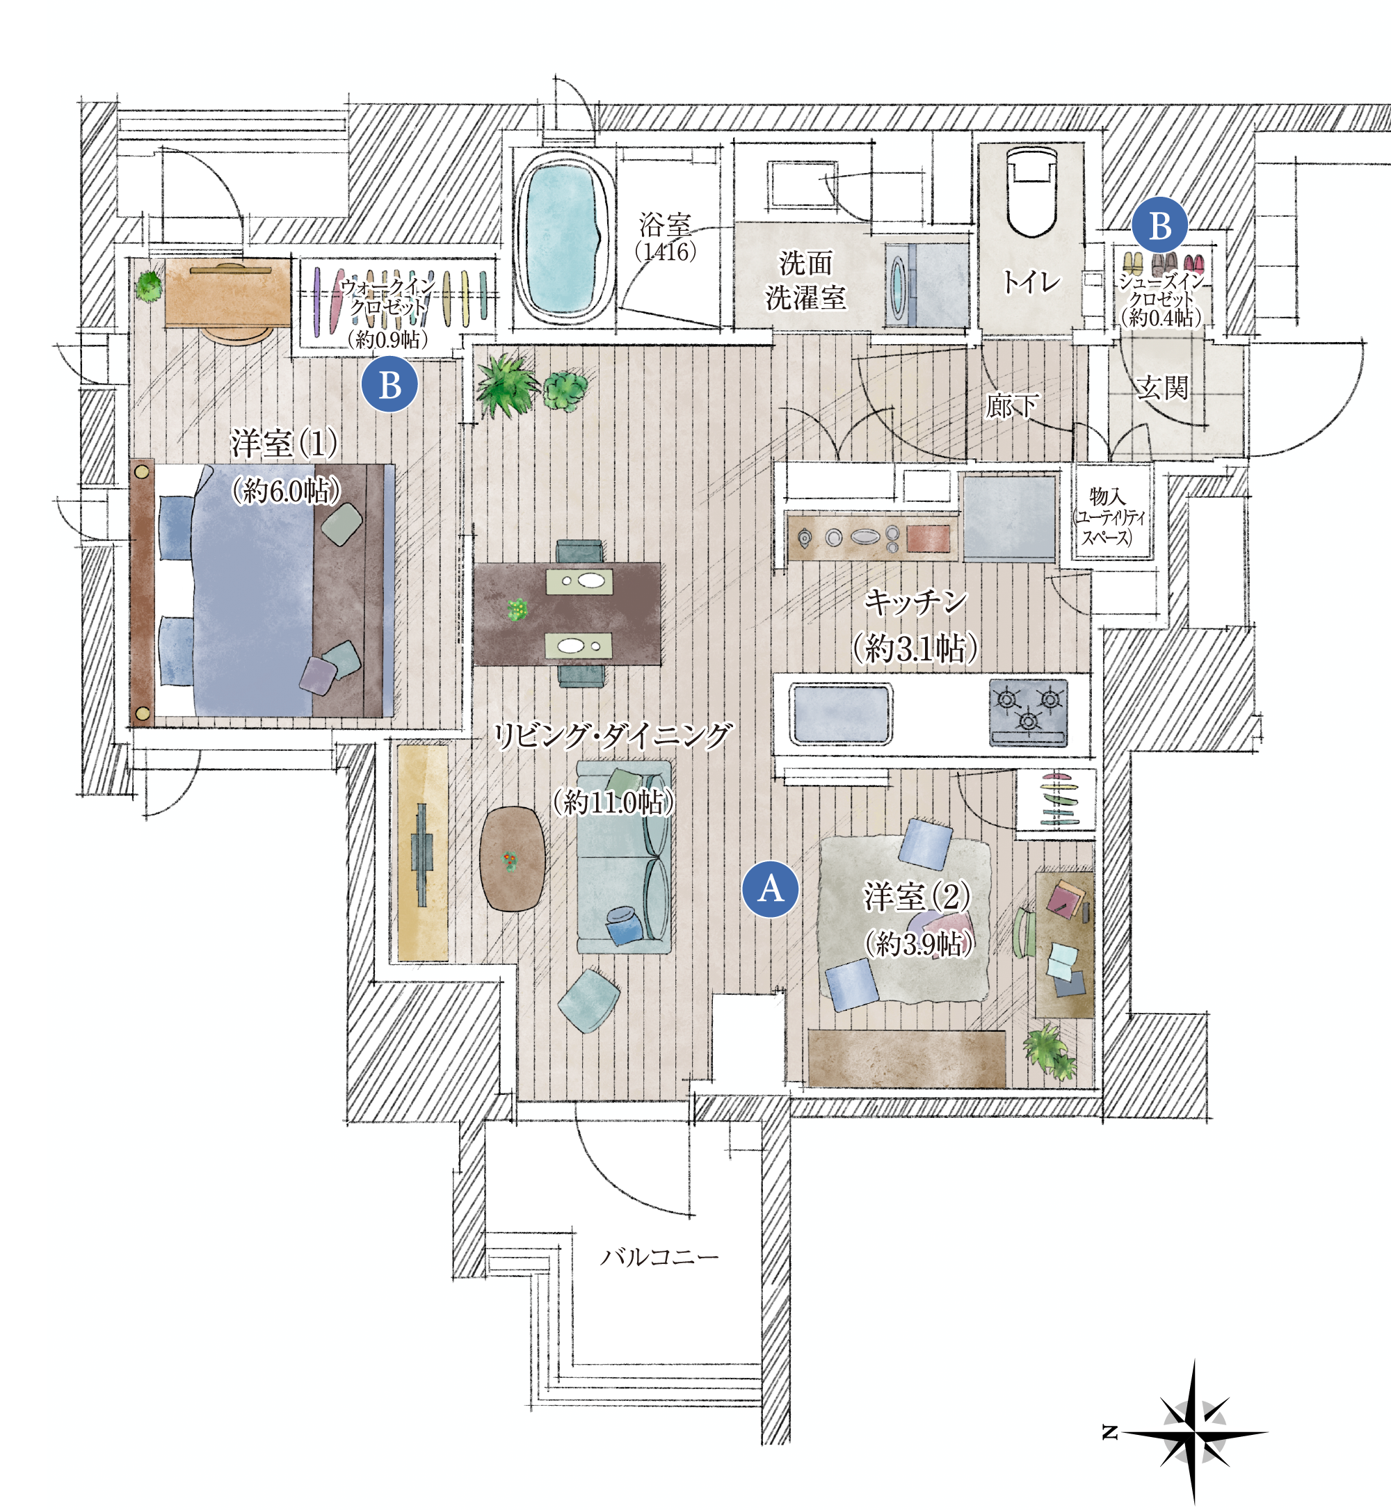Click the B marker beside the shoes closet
coord(1160,225)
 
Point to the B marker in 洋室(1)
coord(390,384)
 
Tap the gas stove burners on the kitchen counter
coord(1027,712)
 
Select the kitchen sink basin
coord(840,713)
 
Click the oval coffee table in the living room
coord(513,859)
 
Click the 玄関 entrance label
coord(1161,388)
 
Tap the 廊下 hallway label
coord(1013,405)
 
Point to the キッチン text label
coord(915,602)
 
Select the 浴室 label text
coord(665,224)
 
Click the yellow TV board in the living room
coord(422,852)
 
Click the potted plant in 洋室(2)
coord(1049,1050)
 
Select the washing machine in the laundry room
coord(926,284)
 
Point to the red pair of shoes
coord(1193,264)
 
